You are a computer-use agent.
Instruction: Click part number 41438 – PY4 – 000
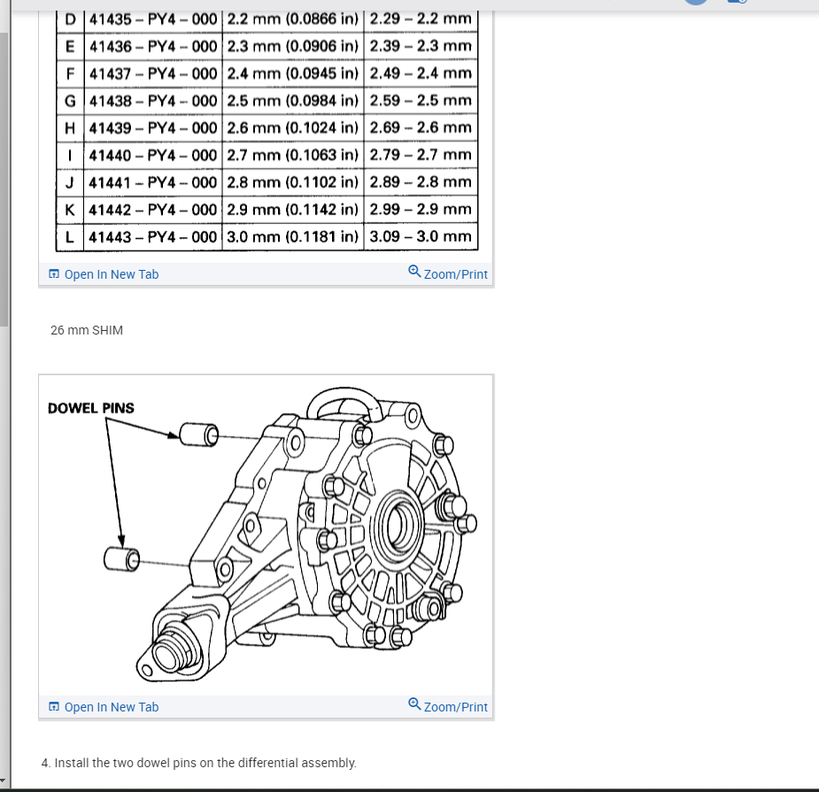tap(152, 100)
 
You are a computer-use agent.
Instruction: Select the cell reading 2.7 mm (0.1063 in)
tap(293, 155)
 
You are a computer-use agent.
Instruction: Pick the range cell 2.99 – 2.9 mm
tap(420, 210)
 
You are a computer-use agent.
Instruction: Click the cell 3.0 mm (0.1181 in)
tap(293, 236)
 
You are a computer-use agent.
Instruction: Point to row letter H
tap(70, 127)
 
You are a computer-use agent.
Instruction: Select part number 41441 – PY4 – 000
tap(152, 182)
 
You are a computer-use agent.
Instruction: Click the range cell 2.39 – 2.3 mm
tap(420, 45)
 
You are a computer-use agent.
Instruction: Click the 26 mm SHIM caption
tap(87, 330)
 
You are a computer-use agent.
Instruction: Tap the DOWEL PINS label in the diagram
tap(90, 408)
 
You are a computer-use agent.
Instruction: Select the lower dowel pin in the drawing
tap(123, 558)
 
